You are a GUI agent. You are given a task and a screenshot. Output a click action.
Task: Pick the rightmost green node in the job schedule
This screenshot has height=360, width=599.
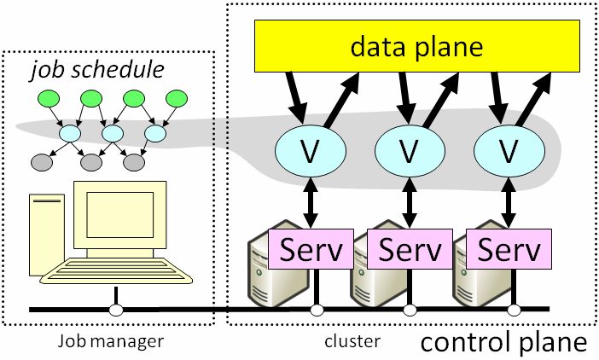177,99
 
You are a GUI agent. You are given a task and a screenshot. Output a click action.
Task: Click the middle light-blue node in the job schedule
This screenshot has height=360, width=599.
113,134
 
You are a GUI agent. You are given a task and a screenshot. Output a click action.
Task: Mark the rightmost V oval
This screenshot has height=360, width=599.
509,152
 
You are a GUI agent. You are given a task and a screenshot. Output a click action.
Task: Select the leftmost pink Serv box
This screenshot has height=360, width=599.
311,250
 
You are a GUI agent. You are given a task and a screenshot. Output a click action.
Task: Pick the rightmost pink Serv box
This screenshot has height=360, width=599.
510,250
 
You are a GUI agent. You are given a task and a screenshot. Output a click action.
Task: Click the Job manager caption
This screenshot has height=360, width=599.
110,342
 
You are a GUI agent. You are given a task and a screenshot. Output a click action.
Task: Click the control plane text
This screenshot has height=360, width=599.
505,343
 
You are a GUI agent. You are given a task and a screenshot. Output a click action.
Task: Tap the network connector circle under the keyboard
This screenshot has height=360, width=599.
117,310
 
